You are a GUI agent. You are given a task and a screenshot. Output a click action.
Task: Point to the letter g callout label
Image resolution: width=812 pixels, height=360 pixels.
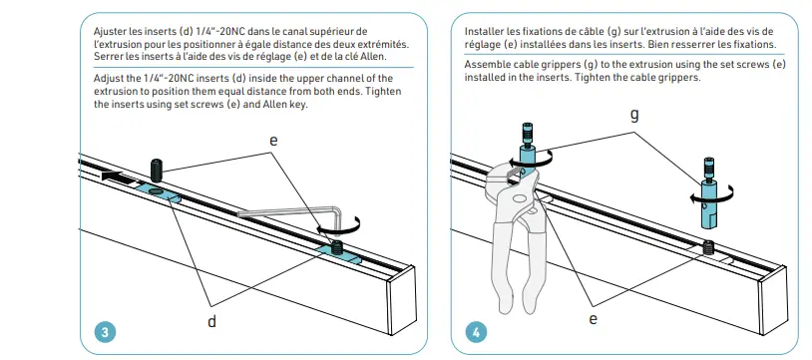(x=634, y=114)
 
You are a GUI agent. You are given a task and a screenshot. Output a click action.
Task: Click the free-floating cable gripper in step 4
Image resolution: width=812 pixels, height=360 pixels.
(x=707, y=194)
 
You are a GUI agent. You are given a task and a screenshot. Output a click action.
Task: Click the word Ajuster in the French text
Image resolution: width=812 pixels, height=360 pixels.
(x=108, y=31)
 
